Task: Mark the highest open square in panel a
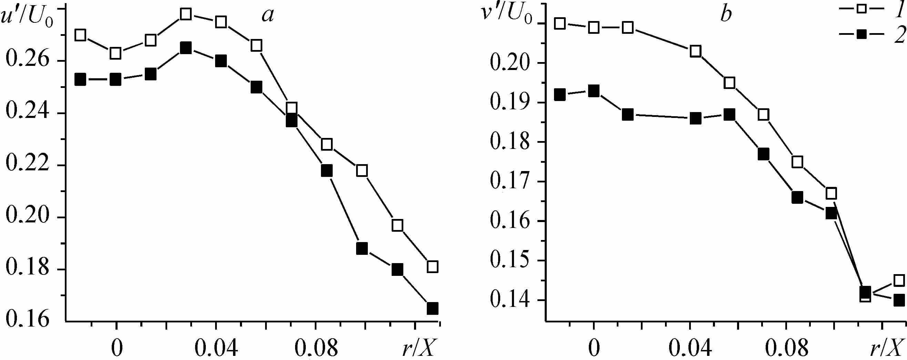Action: tap(185, 14)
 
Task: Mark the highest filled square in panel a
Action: tap(185, 48)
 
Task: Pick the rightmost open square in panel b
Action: tap(899, 280)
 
